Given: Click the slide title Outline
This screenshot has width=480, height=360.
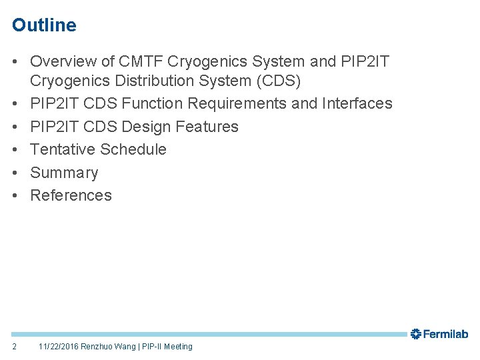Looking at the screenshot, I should pyautogui.click(x=44, y=25).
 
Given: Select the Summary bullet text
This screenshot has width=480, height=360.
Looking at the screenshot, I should pyautogui.click(x=64, y=173).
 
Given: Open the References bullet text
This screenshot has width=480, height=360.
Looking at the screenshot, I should pyautogui.click(x=71, y=195).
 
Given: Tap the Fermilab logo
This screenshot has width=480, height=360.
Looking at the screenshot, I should pyautogui.click(x=439, y=334).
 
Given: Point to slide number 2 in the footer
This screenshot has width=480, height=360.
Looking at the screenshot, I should pyautogui.click(x=15, y=347).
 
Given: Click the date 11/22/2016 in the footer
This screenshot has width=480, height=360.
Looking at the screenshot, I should pyautogui.click(x=59, y=347).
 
